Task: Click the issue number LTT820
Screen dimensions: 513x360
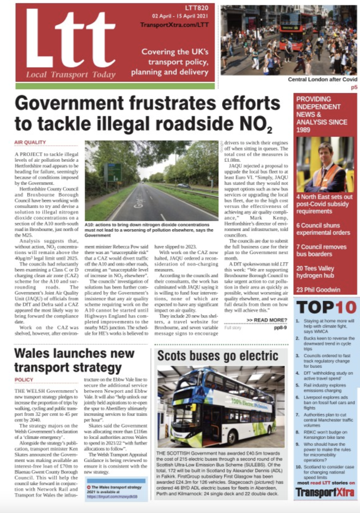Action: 197,8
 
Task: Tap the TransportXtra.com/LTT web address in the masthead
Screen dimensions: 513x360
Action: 174,25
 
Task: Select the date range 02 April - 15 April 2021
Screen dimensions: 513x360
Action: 180,16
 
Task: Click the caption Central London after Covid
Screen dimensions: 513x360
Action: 322,79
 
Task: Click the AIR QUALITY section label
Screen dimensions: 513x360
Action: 30,143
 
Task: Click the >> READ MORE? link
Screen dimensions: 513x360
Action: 266,320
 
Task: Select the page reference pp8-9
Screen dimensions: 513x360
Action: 280,328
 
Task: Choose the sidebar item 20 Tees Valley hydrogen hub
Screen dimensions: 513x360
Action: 315,272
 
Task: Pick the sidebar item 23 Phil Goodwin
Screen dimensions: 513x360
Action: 318,290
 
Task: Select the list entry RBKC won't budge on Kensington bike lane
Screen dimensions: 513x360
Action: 325,435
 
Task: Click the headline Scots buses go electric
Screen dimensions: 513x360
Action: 217,356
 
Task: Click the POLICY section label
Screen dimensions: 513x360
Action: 24,380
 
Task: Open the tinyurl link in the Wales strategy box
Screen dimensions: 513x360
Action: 112,496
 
